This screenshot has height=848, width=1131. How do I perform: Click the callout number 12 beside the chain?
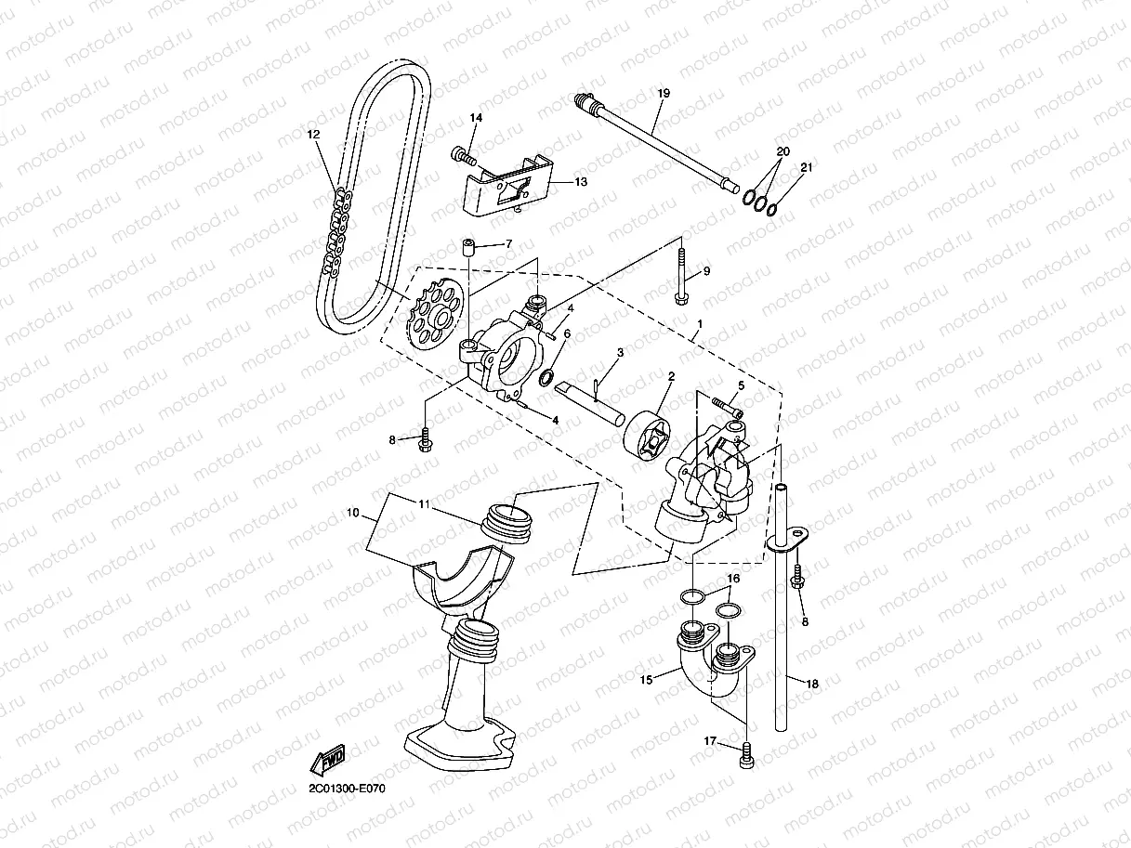click(x=313, y=134)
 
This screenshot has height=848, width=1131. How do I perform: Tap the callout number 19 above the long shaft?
click(x=663, y=93)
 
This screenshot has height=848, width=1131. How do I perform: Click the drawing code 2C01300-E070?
click(x=347, y=789)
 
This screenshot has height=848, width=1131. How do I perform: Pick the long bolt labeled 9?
click(x=682, y=274)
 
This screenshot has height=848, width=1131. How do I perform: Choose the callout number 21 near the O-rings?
click(x=807, y=167)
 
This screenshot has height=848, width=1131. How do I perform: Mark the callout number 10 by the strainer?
click(x=352, y=512)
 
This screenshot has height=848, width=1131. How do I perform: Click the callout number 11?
click(x=423, y=504)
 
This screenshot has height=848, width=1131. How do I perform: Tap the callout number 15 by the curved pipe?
click(x=647, y=679)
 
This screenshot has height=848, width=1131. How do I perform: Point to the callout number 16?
click(x=733, y=578)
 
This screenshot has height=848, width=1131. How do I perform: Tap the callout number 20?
click(x=783, y=151)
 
